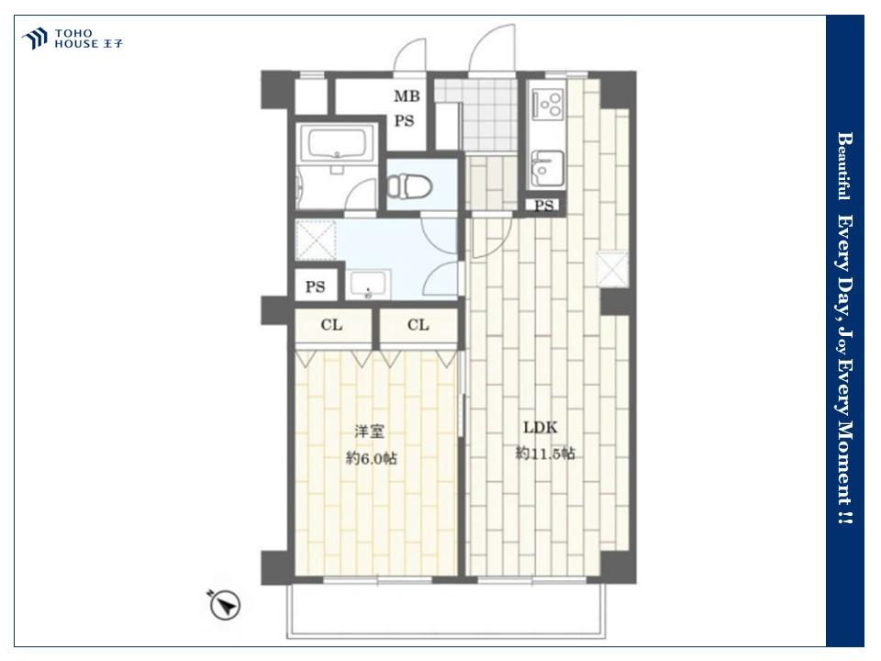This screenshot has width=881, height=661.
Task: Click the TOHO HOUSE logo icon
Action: pyautogui.click(x=34, y=39)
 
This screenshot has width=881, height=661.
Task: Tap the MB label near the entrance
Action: pyautogui.click(x=407, y=96)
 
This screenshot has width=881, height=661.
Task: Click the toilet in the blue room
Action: pyautogui.click(x=409, y=185)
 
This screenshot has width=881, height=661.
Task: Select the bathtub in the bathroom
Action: pyautogui.click(x=337, y=143)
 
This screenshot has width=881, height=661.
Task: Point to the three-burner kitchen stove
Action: pyautogui.click(x=549, y=104)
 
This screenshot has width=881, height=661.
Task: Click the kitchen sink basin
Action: pyautogui.click(x=547, y=168)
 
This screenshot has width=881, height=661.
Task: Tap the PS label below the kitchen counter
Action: pyautogui.click(x=543, y=206)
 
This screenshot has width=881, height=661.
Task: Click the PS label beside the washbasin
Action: pyautogui.click(x=315, y=286)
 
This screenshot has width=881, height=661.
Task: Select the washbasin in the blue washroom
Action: pyautogui.click(x=368, y=284)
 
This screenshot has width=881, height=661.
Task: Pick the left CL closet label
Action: pyautogui.click(x=331, y=325)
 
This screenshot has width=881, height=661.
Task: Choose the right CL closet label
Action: pyautogui.click(x=418, y=325)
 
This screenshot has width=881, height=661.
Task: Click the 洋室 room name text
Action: pyautogui.click(x=369, y=431)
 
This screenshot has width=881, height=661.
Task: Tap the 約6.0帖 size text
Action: pyautogui.click(x=372, y=459)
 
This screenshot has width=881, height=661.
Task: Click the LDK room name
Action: pyautogui.click(x=541, y=428)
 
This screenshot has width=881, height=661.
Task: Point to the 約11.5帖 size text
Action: pyautogui.click(x=545, y=453)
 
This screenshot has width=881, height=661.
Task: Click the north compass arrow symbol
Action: pyautogui.click(x=226, y=605)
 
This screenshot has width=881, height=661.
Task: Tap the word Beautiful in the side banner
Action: pyautogui.click(x=843, y=166)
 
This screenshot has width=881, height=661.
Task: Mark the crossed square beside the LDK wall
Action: pyautogui.click(x=612, y=269)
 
